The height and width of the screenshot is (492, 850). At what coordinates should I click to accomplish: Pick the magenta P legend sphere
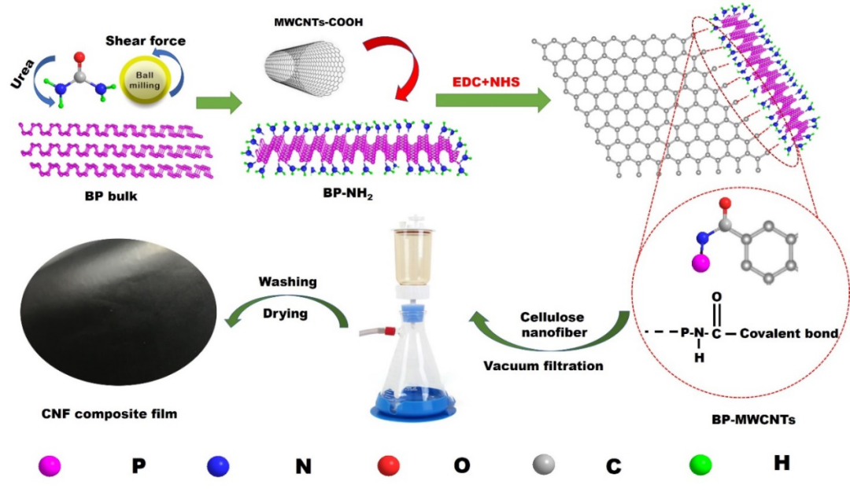point(50,466)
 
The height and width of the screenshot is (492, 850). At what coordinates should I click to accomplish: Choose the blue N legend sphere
point(218,466)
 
